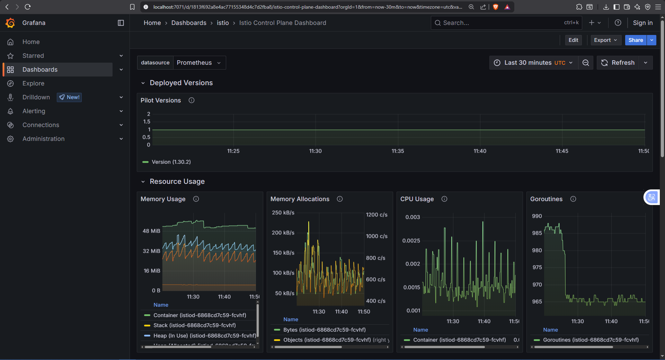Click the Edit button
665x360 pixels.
[573, 40]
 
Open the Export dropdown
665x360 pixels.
[606, 40]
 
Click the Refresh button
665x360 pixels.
[618, 63]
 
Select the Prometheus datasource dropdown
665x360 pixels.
[199, 63]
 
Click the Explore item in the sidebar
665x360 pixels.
[33, 83]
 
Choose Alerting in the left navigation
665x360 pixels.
[34, 111]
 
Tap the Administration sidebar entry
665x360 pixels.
[43, 139]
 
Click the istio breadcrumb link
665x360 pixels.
[223, 23]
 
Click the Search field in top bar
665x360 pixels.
[506, 23]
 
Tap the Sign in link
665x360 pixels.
[642, 23]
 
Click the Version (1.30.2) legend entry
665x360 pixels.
[171, 162]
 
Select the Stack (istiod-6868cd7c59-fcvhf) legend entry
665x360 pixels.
[194, 325]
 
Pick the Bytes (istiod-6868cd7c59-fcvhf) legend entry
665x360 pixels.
[325, 330]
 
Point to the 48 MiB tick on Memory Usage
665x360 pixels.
[151, 231]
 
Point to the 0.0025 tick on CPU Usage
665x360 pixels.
[411, 241]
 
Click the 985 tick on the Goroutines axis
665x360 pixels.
[537, 233]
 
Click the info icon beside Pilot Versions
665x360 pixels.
[192, 100]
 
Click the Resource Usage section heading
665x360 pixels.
[177, 182]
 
